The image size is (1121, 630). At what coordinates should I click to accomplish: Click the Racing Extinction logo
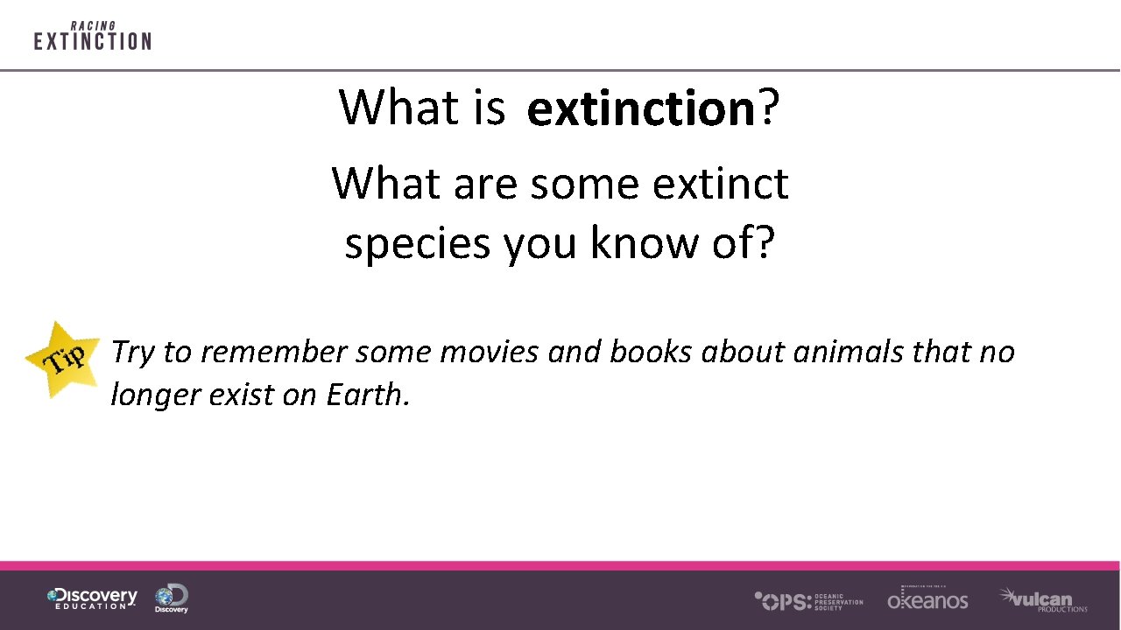click(x=92, y=37)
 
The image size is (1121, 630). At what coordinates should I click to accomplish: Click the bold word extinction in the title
click(x=641, y=108)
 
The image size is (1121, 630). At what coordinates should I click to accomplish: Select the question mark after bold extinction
click(x=768, y=107)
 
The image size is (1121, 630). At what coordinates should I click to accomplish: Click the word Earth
click(x=367, y=395)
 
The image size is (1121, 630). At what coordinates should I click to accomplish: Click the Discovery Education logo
click(x=92, y=598)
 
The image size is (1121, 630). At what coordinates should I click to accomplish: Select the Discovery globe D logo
click(x=172, y=598)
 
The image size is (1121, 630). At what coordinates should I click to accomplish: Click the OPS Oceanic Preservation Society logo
click(x=808, y=600)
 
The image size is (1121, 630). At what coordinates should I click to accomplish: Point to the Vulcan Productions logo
click(x=1043, y=599)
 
